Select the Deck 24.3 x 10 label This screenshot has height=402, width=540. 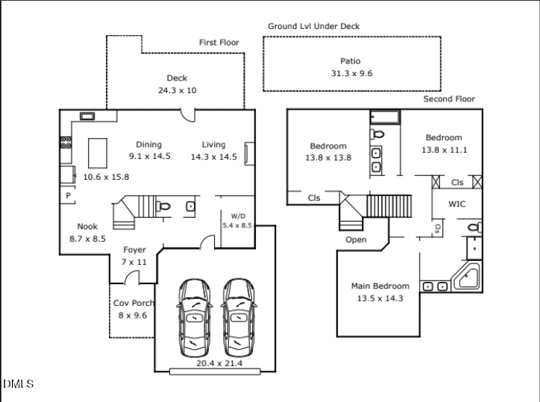tap(177, 84)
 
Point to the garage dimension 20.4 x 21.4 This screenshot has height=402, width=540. tap(219, 363)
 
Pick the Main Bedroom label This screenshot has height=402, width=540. tap(380, 292)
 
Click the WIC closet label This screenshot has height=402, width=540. tap(457, 204)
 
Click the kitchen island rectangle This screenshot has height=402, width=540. tap(98, 154)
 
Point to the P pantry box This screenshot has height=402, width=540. tap(67, 195)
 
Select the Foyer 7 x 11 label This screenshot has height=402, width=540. tap(134, 256)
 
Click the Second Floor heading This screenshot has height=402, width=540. tap(449, 99)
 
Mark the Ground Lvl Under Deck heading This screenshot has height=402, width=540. tap(314, 26)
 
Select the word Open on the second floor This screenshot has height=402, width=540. tap(356, 240)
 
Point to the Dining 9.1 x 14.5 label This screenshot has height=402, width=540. tap(149, 151)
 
